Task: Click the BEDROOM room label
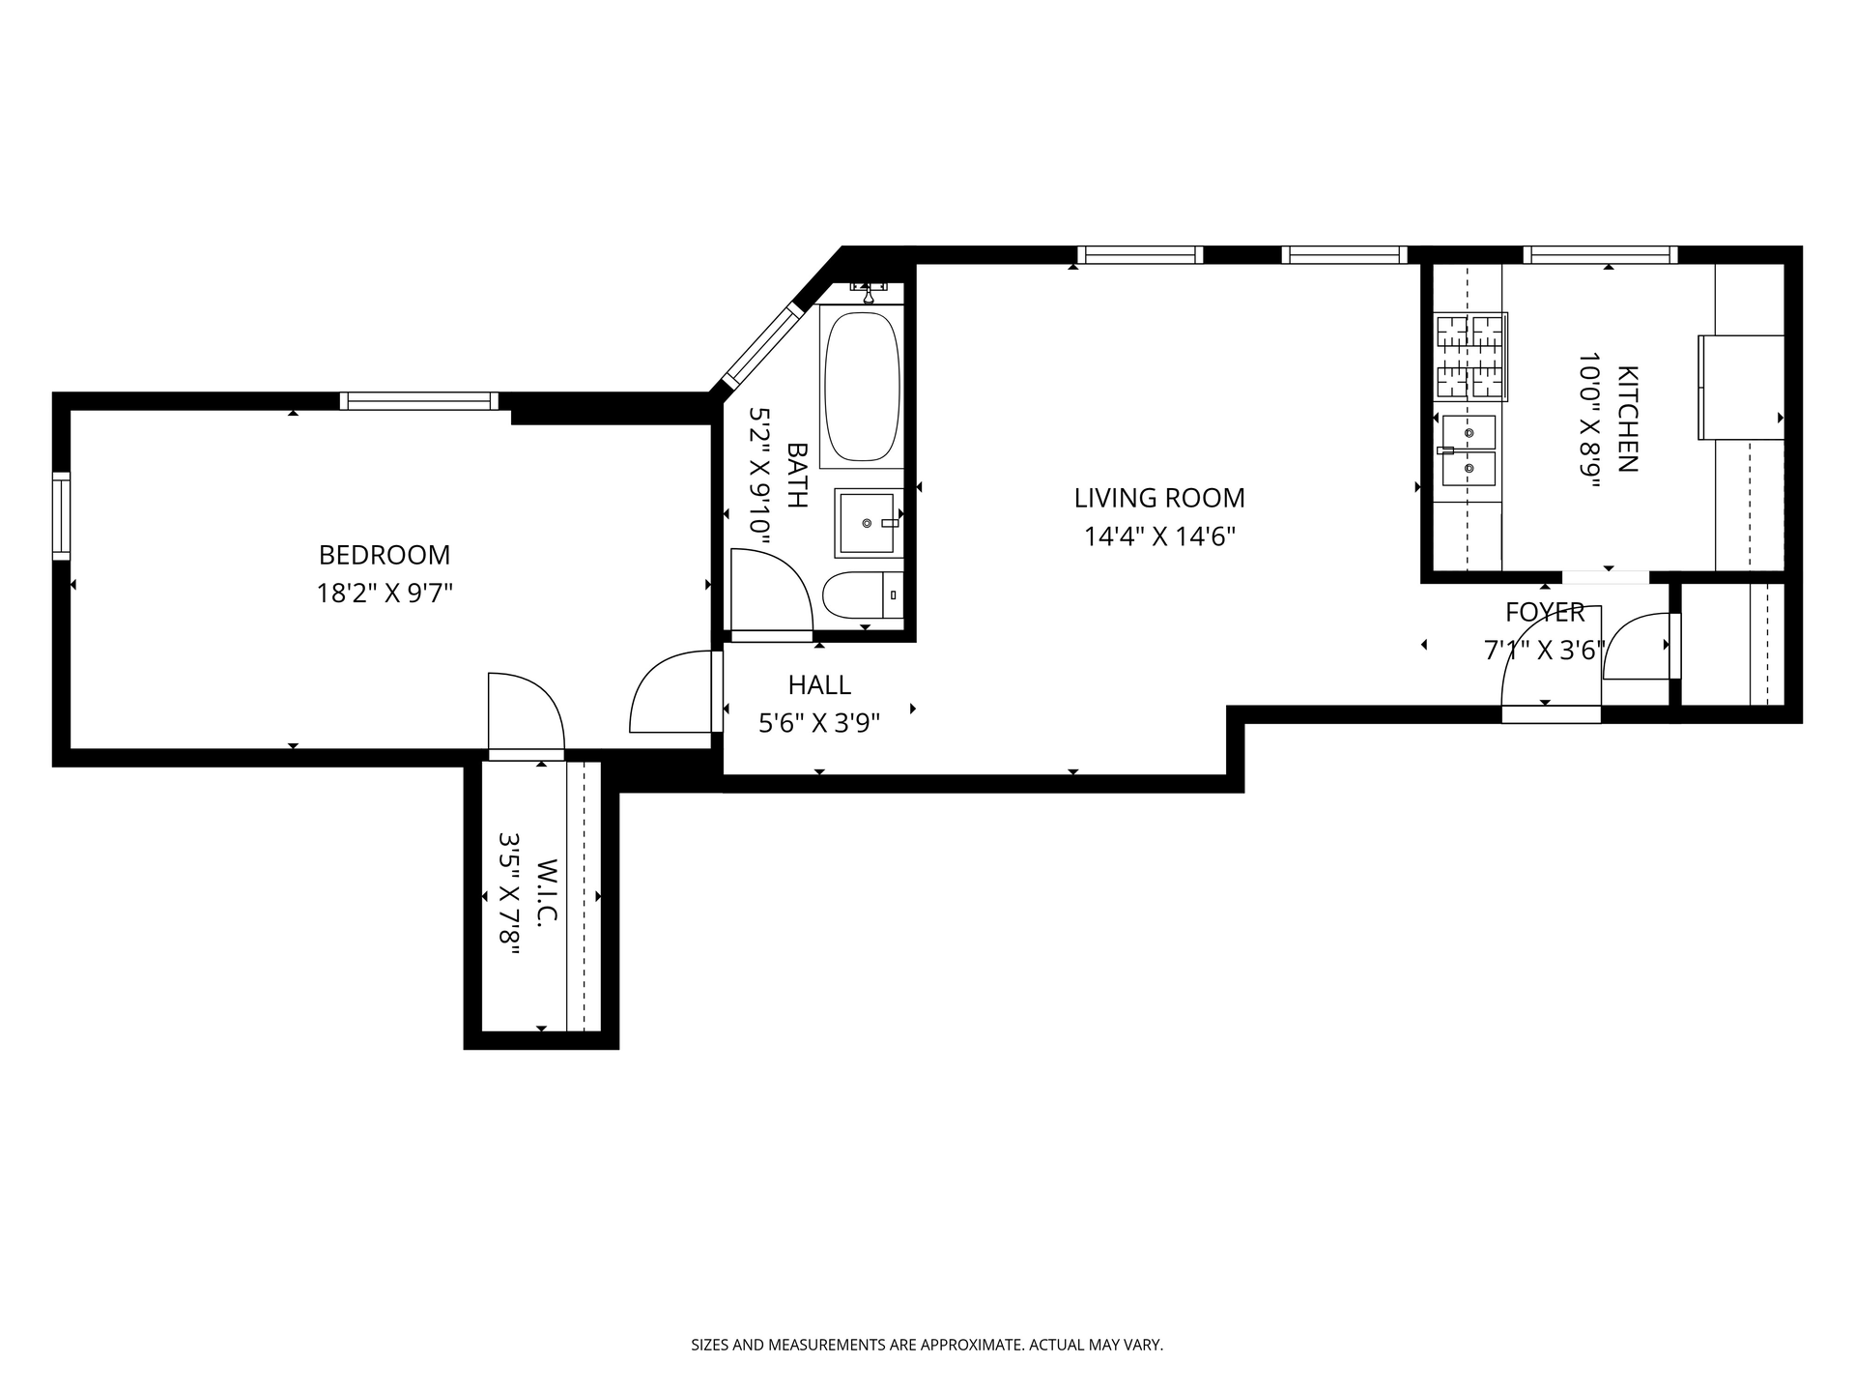coord(385,555)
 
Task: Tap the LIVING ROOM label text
coord(1159,498)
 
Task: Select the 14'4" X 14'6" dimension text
coord(1159,536)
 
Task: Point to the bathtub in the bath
coord(862,386)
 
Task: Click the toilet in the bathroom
coord(863,595)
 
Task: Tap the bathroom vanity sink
coord(869,523)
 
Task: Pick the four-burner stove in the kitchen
coord(1470,357)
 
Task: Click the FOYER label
coord(1545,612)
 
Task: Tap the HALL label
coord(819,685)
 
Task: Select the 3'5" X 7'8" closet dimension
coord(509,894)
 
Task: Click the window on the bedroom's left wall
coord(61,515)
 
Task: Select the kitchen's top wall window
coord(1600,255)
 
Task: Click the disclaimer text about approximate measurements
coord(927,1345)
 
